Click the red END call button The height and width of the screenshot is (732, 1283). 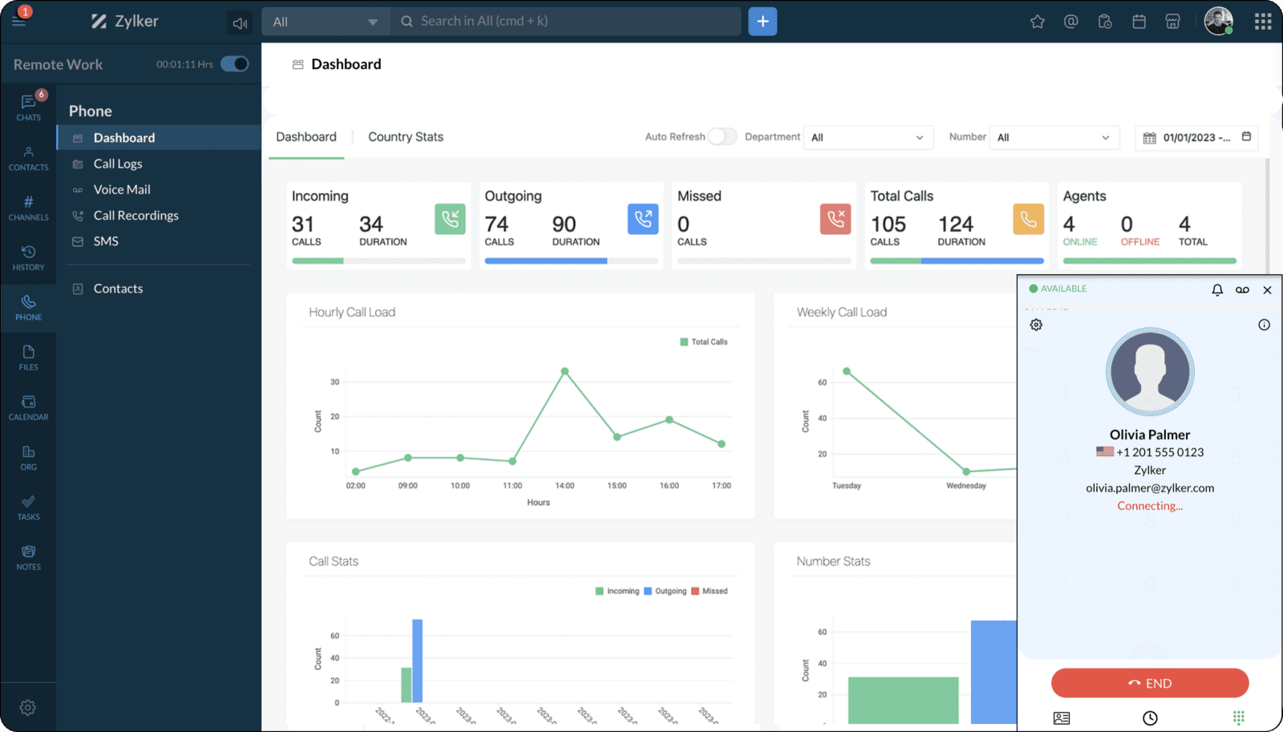pos(1149,683)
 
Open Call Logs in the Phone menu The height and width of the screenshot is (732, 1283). pos(118,164)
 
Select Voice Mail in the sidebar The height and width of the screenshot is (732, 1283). pos(122,189)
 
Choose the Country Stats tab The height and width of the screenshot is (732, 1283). pos(405,137)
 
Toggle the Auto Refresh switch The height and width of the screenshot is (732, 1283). pos(722,137)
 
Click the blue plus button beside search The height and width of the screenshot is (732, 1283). pos(763,22)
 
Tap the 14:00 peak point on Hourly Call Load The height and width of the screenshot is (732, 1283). pos(565,371)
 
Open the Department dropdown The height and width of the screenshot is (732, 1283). pos(868,138)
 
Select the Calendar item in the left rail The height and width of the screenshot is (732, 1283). pos(29,407)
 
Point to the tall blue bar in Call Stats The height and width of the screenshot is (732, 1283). pos(417,660)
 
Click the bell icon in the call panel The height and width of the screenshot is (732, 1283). pos(1216,289)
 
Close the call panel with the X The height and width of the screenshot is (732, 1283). pos(1267,290)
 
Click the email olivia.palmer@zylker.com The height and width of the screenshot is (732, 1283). pos(1150,488)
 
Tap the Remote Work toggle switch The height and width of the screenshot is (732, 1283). pos(235,64)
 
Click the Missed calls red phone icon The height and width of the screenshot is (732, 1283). pos(835,219)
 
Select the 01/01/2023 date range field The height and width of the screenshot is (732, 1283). pos(1196,138)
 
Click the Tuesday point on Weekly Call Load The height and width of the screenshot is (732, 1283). pos(846,371)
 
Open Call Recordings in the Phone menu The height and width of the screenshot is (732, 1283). pos(136,216)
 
